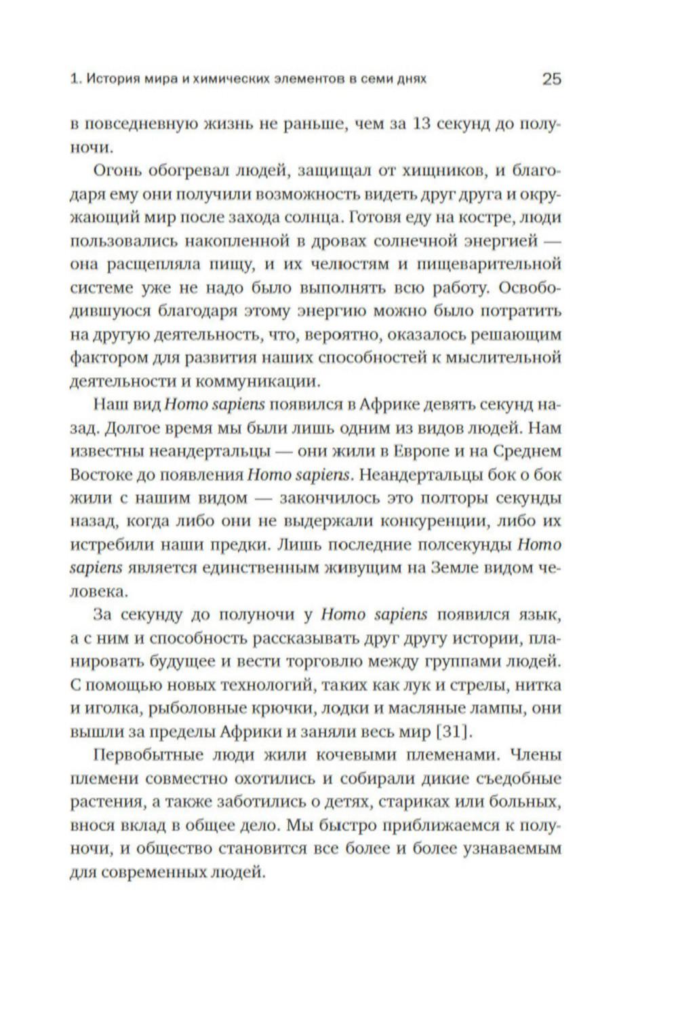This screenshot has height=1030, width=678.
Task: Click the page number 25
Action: click(x=551, y=79)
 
